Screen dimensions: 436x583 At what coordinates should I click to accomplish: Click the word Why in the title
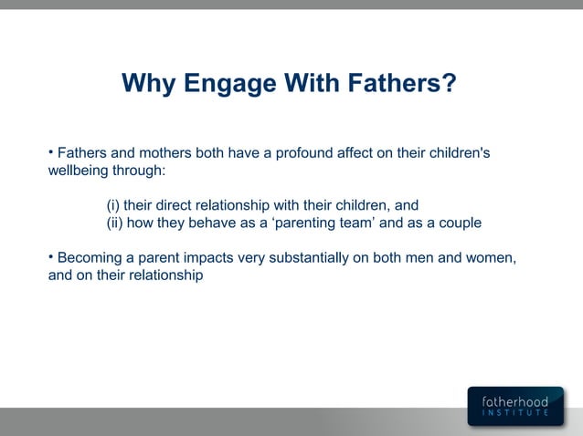(x=148, y=85)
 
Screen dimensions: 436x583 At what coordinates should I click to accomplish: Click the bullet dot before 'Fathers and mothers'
(x=51, y=151)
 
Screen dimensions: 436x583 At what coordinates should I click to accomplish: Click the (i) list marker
(x=113, y=205)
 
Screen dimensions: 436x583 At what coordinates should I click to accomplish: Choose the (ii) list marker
(x=115, y=223)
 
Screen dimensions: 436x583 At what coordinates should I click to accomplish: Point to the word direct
(x=175, y=205)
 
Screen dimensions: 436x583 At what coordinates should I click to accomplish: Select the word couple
(x=459, y=223)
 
